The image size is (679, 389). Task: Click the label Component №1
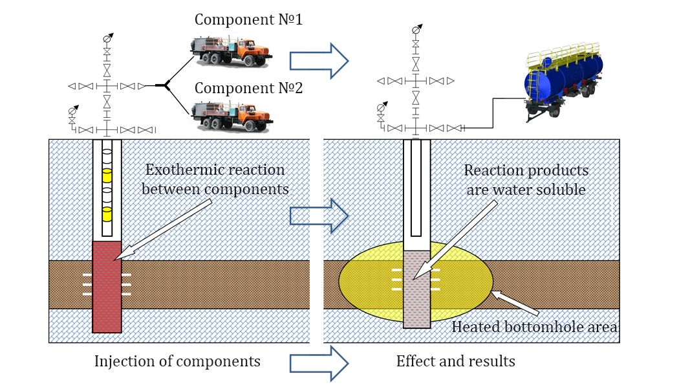pyautogui.click(x=248, y=19)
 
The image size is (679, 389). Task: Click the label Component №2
pyautogui.click(x=248, y=88)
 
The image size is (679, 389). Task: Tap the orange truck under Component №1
pyautogui.click(x=232, y=52)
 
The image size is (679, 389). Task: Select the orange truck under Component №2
pyautogui.click(x=232, y=116)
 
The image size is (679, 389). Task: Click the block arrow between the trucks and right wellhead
pyautogui.click(x=319, y=61)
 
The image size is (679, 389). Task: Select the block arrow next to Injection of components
pyautogui.click(x=319, y=363)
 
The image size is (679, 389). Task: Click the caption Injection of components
pyautogui.click(x=177, y=361)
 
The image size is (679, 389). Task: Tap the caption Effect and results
pyautogui.click(x=455, y=361)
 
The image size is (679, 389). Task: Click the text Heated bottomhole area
pyautogui.click(x=534, y=327)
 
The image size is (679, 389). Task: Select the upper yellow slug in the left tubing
pyautogui.click(x=107, y=175)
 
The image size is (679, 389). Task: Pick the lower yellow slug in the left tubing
pyautogui.click(x=107, y=214)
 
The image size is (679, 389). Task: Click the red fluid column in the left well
pyautogui.click(x=107, y=287)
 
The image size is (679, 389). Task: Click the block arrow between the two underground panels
pyautogui.click(x=319, y=216)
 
